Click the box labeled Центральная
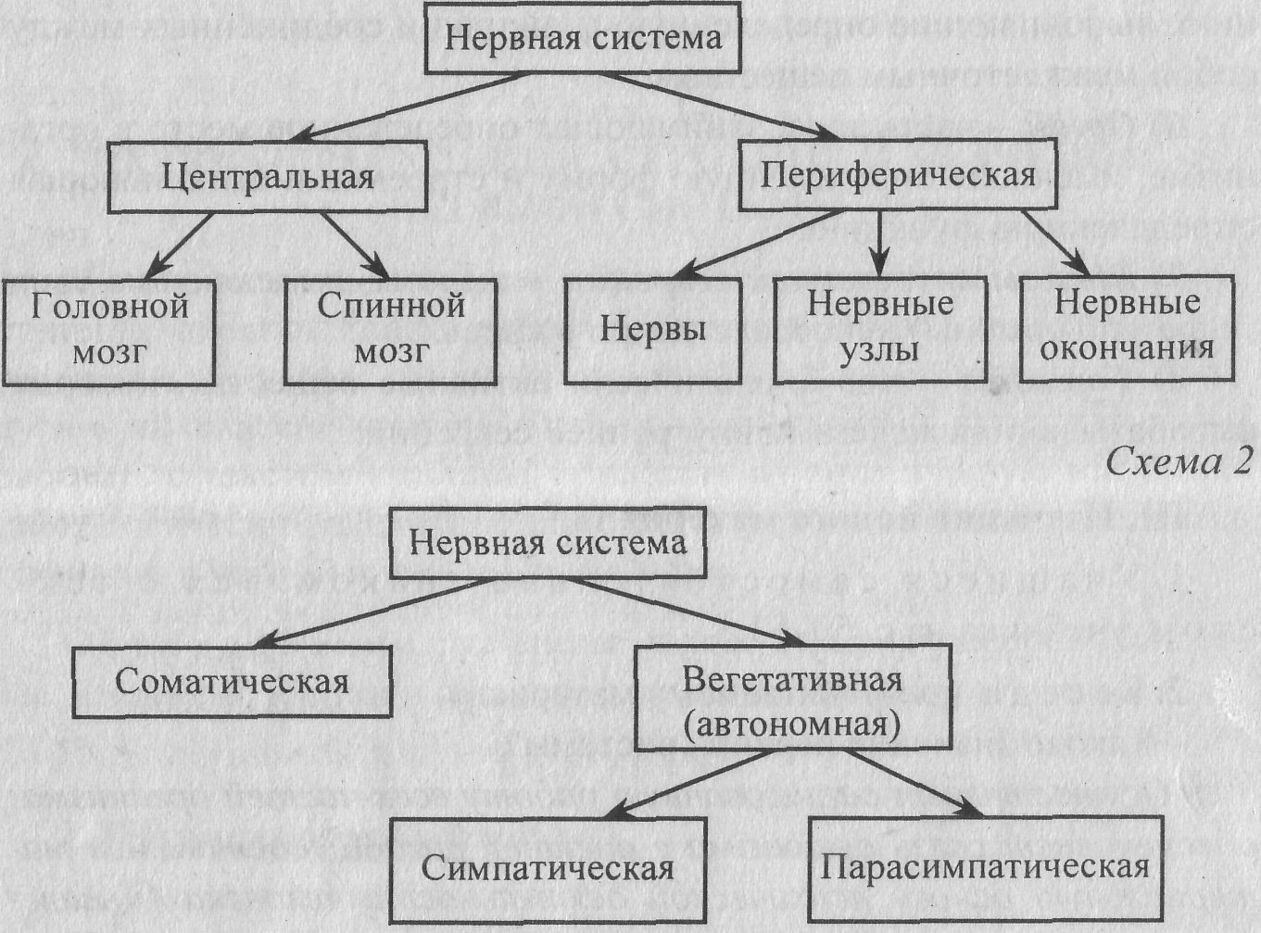pos(267,177)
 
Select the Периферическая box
pos(897,174)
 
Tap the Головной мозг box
pos(109,330)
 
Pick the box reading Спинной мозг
pos(390,330)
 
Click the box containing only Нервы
pos(652,330)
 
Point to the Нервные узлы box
pos(879,328)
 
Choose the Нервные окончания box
pos(1127,326)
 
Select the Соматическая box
pos(232,682)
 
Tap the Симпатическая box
pos(547,868)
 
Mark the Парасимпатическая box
pos(985,867)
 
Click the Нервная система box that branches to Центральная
pos(582,38)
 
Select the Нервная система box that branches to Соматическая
pos(548,542)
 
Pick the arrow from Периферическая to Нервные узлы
pos(881,243)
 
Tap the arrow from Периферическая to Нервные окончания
pos(1054,243)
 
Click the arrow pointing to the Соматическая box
pos(371,612)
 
